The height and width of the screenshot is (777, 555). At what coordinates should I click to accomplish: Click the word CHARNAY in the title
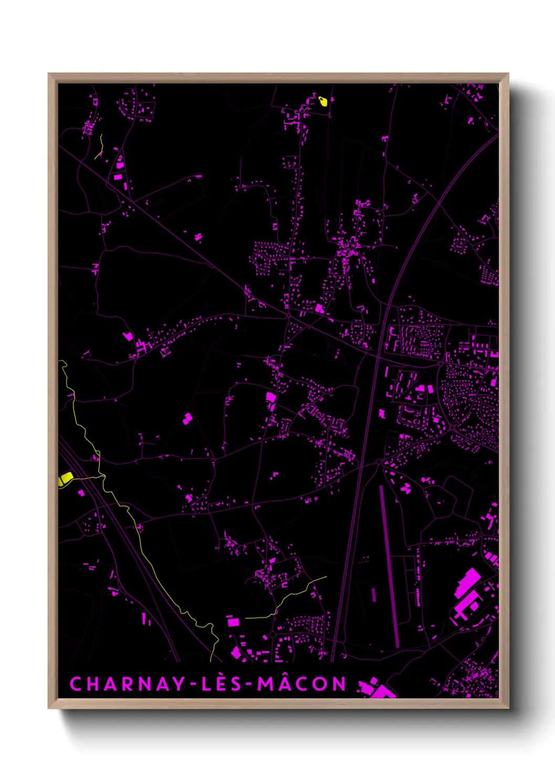tap(127, 684)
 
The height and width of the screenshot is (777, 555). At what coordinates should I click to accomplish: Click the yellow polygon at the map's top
tap(323, 101)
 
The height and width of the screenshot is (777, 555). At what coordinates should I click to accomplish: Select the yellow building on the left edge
tap(66, 478)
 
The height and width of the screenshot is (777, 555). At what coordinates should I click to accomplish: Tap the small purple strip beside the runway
tap(373, 594)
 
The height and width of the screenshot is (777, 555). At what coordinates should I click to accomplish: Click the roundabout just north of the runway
tap(378, 462)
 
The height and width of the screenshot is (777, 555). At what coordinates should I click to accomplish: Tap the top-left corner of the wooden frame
tap(49, 75)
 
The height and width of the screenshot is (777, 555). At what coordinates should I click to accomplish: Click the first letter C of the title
tap(76, 684)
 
